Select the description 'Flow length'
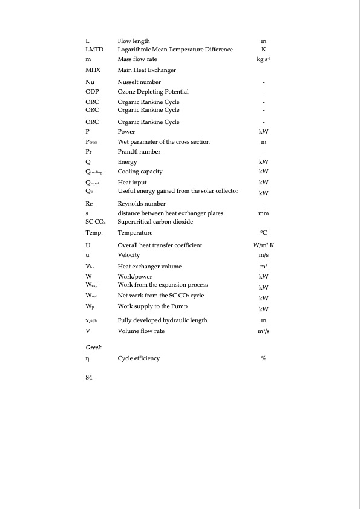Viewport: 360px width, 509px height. pyautogui.click(x=134, y=41)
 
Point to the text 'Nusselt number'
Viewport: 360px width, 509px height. pyautogui.click(x=139, y=82)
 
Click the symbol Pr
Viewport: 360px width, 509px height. pyautogui.click(x=89, y=151)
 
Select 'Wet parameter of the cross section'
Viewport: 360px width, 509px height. pyautogui.click(x=163, y=141)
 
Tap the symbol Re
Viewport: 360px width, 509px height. pyautogui.click(x=89, y=204)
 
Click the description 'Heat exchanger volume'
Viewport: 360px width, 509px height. pyautogui.click(x=149, y=266)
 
